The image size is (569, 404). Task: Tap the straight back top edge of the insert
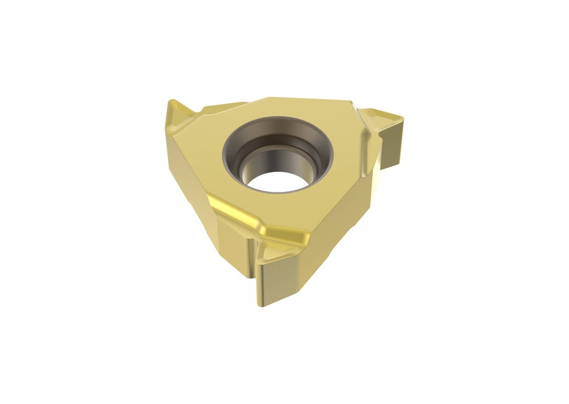(x=300, y=100)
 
